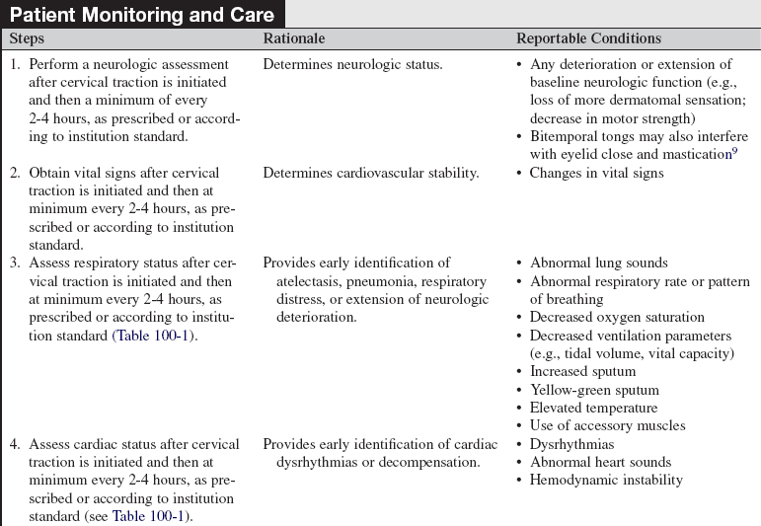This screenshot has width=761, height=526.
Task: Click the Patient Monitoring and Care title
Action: (142, 15)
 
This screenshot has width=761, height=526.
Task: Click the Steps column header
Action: (27, 38)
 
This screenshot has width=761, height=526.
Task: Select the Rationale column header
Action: (293, 38)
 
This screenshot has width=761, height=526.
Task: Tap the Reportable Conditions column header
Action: (588, 38)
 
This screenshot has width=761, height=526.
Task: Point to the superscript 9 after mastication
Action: (733, 150)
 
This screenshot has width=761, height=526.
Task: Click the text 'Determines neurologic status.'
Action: (352, 65)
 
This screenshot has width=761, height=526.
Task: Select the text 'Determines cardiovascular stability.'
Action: (370, 173)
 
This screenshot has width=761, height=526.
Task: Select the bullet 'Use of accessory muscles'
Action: (606, 426)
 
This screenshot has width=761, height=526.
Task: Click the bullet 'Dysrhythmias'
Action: (571, 444)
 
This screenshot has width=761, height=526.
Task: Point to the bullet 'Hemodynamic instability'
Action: (606, 481)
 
